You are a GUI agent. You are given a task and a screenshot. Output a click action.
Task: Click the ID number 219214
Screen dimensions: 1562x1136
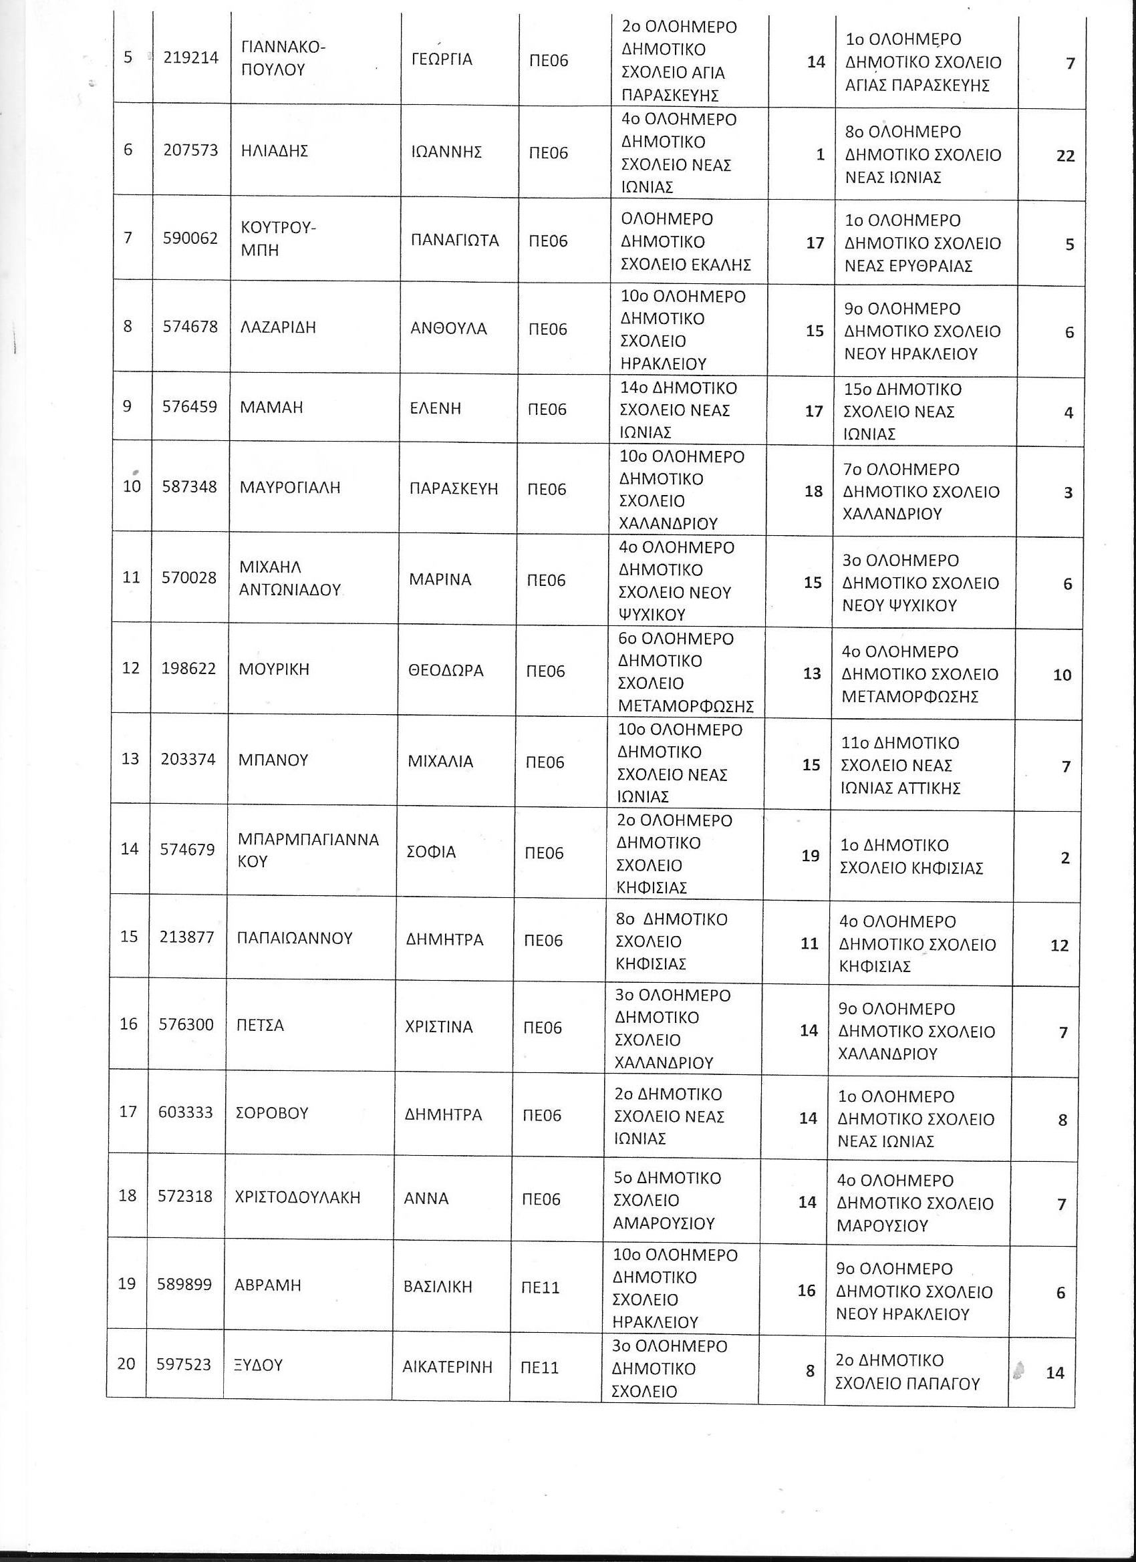coord(191,58)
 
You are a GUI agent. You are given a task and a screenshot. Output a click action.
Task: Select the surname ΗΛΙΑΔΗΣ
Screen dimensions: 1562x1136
coord(274,151)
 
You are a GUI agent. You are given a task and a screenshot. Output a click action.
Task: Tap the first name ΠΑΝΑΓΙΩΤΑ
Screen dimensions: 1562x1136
coord(454,241)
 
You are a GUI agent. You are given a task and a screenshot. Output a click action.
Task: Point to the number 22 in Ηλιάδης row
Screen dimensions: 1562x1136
coord(1065,156)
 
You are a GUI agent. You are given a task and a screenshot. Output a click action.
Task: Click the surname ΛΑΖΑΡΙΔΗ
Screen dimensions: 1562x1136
coord(277,327)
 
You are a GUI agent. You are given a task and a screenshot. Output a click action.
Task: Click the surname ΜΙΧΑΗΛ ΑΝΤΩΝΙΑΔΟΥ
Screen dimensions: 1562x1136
coord(289,579)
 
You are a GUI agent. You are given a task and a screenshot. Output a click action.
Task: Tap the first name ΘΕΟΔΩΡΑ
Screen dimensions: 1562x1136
coord(446,670)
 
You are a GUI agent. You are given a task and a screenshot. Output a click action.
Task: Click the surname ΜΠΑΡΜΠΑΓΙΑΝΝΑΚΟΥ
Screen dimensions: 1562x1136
coord(308,850)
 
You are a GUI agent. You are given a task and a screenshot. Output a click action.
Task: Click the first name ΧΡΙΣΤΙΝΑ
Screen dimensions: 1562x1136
coord(439,1027)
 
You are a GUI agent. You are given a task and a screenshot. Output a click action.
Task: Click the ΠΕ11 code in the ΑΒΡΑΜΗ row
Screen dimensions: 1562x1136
coord(540,1287)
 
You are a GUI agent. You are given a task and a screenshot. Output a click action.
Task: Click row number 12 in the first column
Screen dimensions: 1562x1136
coord(130,668)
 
